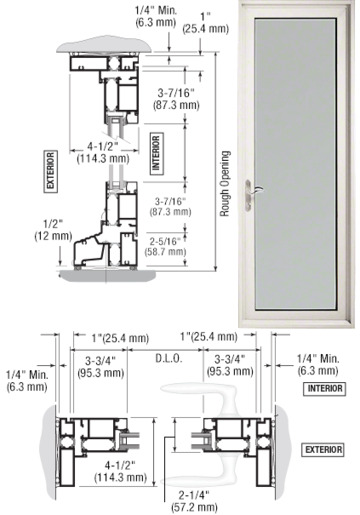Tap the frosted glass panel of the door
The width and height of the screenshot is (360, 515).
coord(295,164)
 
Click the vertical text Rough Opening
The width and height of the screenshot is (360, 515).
coord(225,184)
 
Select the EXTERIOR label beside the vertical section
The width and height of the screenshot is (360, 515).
coord(51,171)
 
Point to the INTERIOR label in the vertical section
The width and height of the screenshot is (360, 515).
coord(156,153)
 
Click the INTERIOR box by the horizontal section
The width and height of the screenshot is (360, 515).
coord(325,388)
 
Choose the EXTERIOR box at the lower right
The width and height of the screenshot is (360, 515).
coord(324,450)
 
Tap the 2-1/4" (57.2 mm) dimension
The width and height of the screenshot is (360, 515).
coord(194,501)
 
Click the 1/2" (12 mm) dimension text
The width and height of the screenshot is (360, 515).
coord(53,229)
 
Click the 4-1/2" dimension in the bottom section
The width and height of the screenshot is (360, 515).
coord(121,471)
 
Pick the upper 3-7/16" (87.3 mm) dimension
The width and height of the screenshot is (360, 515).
coord(176,99)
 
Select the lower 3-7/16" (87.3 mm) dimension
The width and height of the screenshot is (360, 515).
coord(170,206)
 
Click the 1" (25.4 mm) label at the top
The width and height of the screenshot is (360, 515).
coord(206,23)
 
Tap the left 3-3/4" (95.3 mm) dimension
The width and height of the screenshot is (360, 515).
coord(101,366)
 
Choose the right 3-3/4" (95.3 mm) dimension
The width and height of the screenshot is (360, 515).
coord(230,365)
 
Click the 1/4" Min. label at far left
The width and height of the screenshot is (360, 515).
coord(27,380)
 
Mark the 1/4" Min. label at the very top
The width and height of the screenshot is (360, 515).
coord(156,16)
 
